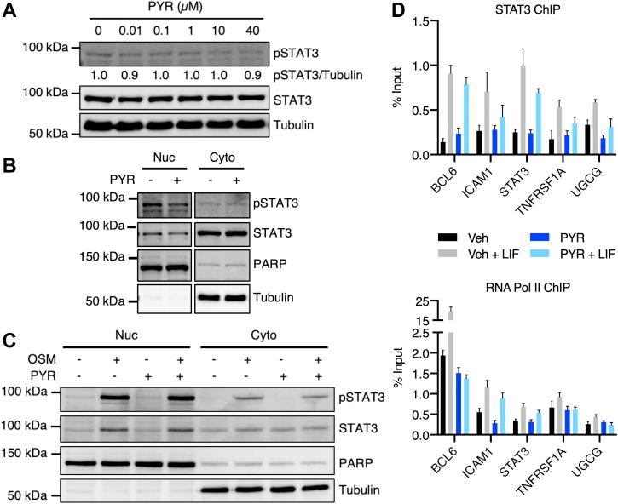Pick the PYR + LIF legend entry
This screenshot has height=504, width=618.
(x=575, y=254)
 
